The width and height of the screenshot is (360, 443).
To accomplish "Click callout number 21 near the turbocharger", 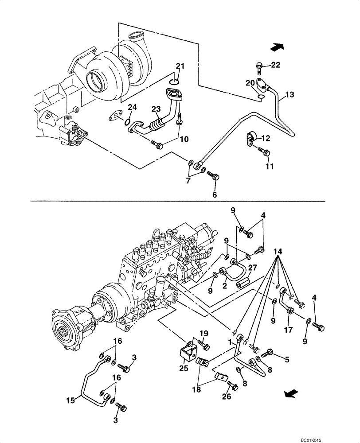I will point(179,66).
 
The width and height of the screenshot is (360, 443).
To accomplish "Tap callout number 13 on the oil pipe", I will point(290,94).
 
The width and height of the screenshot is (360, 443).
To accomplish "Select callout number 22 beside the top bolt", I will point(275,65).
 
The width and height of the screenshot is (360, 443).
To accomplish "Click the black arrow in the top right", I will point(278,46).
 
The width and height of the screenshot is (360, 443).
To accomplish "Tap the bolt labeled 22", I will point(259,68).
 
